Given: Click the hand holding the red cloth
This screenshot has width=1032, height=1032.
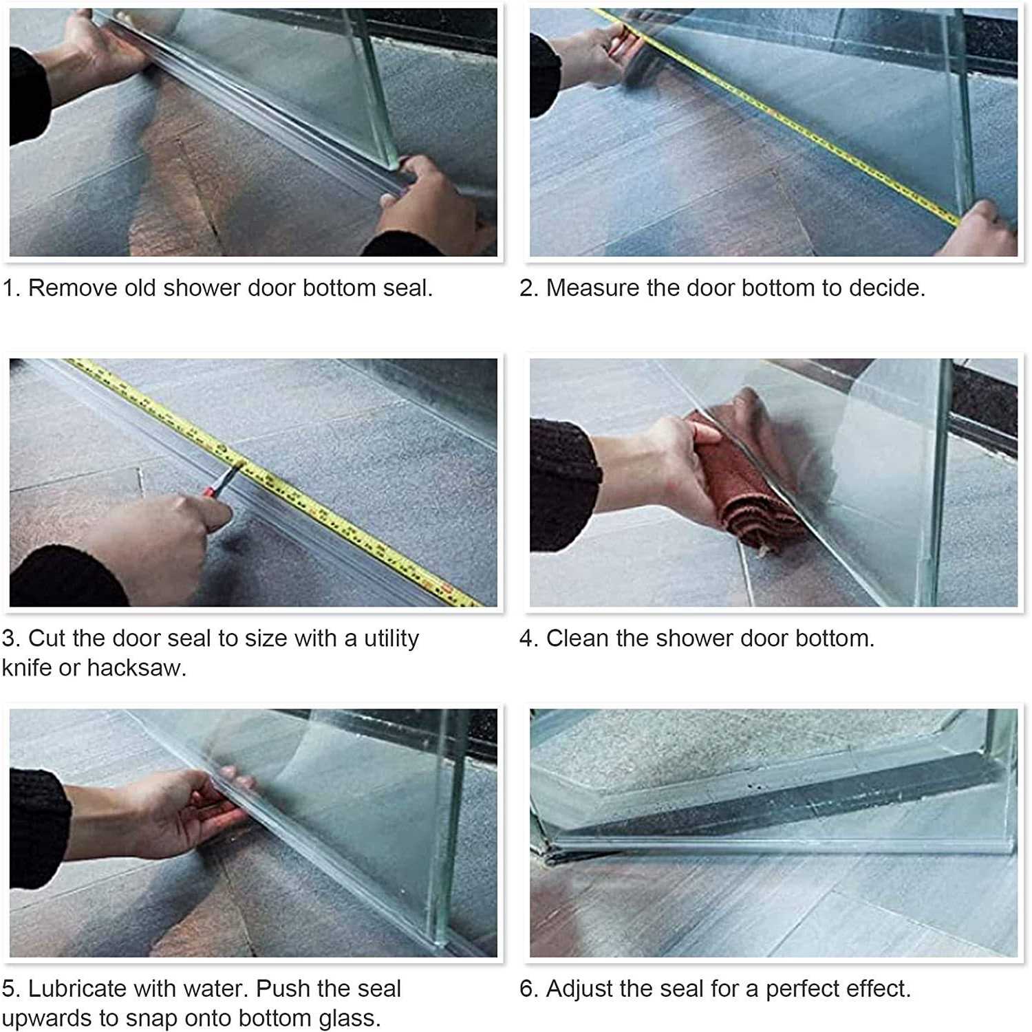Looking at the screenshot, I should coord(660,468).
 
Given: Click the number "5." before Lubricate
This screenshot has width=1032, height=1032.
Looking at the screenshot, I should coord(11,989).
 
